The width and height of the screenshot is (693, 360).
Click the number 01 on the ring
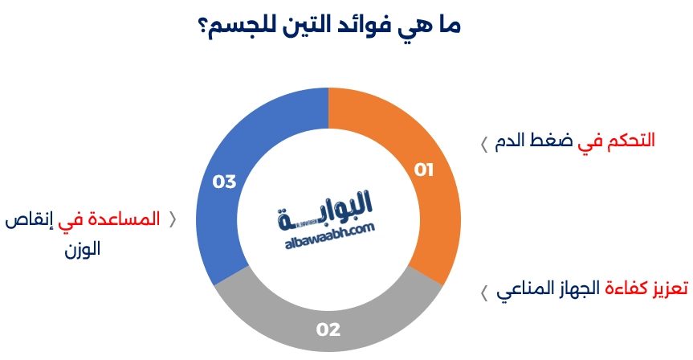point(423,170)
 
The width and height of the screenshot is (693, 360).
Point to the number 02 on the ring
point(328,329)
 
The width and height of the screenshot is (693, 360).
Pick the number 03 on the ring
point(225,182)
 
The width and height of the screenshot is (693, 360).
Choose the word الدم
point(512,141)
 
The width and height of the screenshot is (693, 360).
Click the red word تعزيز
point(670,288)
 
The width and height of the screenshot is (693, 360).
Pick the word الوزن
point(83,249)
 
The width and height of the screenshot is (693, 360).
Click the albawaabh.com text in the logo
point(330,235)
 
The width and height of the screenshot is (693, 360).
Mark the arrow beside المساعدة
point(173,219)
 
